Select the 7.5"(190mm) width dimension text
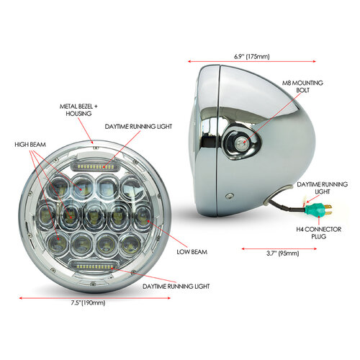[x=89, y=303]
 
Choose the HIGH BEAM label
[x=30, y=145]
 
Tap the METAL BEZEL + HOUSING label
[x=76, y=110]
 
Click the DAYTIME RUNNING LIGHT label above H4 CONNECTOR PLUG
[x=318, y=189]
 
